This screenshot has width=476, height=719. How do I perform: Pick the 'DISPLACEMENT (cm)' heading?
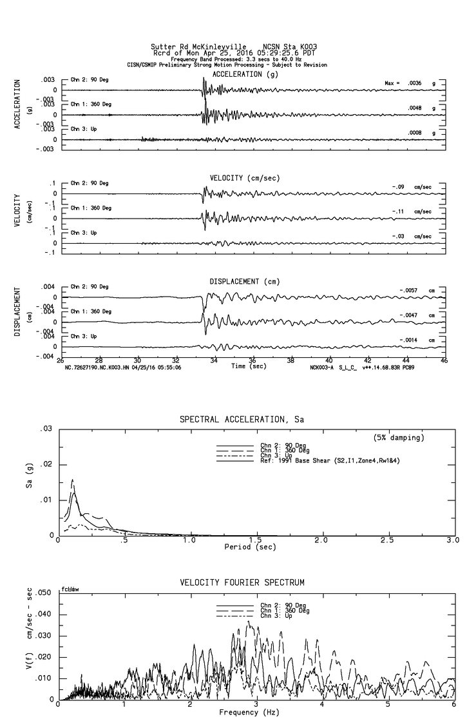pos(244,282)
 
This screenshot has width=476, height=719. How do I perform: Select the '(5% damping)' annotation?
pos(399,438)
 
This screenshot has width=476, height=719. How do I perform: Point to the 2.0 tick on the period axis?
pos(321,540)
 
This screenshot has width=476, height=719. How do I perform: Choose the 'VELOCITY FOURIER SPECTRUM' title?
pos(251,582)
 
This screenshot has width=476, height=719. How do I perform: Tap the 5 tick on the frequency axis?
pos(388,705)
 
